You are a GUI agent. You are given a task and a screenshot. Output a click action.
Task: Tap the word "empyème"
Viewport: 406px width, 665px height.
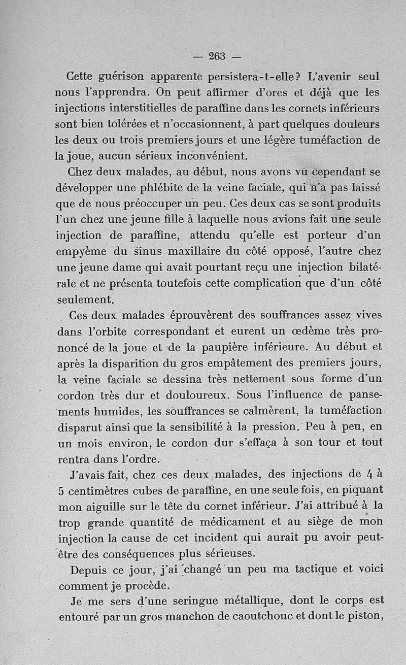(x=82, y=251)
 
